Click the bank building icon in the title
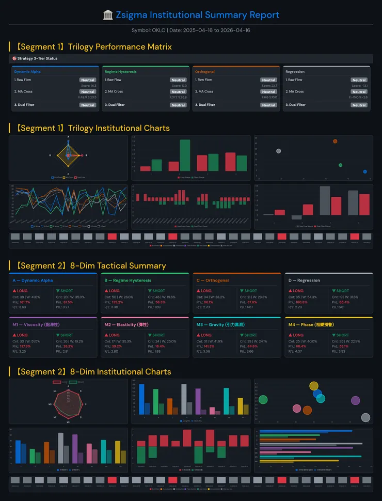pos(108,15)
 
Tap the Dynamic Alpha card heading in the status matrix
pos(27,72)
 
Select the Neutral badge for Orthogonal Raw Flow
pos(268,80)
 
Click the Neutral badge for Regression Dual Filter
pos(359,105)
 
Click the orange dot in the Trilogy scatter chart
pos(335,141)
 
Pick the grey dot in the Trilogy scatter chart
pos(279,151)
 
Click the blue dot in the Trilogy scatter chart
pos(365,171)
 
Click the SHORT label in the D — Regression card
pos(342,291)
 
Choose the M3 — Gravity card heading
pos(216,325)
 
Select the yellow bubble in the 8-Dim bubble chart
pos(314,386)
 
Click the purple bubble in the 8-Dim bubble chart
pos(355,400)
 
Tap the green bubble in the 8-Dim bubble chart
pos(263,399)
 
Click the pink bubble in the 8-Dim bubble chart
pos(297,409)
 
